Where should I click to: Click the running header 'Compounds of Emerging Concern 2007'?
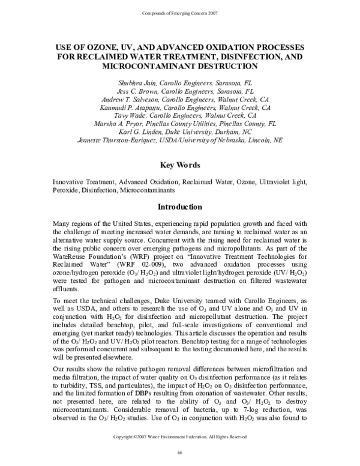pos(180,13)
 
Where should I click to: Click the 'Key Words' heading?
pos(179,165)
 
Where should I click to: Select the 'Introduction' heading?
pos(179,207)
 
